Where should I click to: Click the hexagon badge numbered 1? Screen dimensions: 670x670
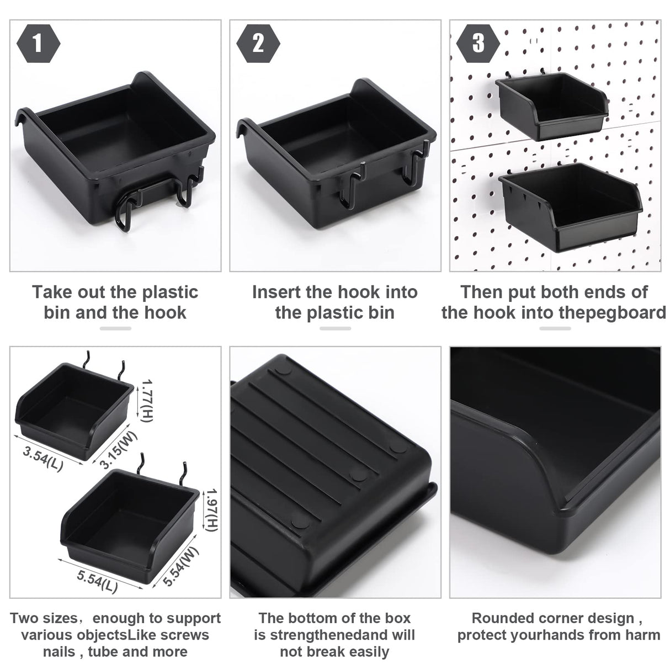tap(37, 44)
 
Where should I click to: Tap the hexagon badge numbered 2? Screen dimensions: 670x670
tap(258, 44)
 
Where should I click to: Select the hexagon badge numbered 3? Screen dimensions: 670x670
tap(478, 44)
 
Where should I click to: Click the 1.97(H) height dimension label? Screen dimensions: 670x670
tap(211, 511)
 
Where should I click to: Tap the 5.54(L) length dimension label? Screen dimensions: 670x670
tap(97, 580)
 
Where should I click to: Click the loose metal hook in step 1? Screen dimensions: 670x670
tap(157, 204)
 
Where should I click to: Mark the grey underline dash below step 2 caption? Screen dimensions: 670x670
tap(335, 328)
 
